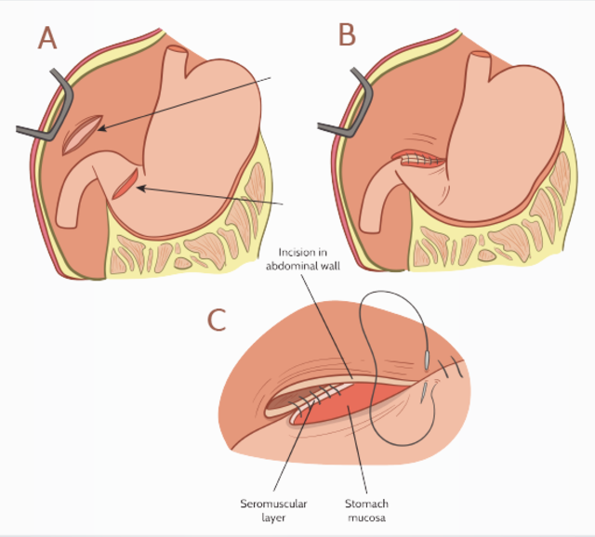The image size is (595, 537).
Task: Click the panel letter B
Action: [347, 35]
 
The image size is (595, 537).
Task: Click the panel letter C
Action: [217, 320]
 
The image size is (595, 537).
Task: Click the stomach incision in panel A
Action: [126, 181]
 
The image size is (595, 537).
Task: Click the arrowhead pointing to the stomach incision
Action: [139, 189]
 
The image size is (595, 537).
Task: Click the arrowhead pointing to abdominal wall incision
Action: [99, 129]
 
